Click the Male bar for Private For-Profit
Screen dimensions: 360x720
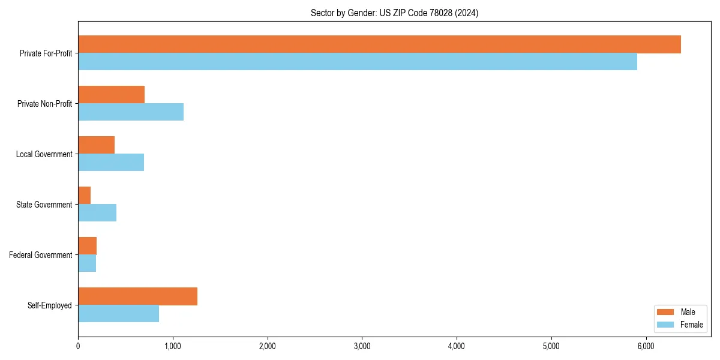coord(379,44)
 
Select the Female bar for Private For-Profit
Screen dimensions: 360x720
coord(358,62)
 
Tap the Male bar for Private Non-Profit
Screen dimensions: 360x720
coord(112,95)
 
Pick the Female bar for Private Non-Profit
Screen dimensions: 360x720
coord(131,112)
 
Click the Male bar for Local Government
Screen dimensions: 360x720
coord(97,145)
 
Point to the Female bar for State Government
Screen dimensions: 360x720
coord(97,213)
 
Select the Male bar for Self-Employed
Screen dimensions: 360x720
coord(138,296)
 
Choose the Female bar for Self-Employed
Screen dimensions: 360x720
coord(119,314)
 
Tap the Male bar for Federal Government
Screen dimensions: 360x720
coord(88,246)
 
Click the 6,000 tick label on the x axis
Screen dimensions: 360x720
coord(646,346)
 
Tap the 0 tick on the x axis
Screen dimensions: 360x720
coord(78,346)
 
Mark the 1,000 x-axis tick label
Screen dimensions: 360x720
coord(173,346)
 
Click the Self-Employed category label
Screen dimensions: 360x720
coord(50,305)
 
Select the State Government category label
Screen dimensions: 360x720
coord(44,205)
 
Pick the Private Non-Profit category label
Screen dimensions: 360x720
coord(45,104)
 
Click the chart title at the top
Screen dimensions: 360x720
coord(394,13)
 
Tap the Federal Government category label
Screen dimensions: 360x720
coord(41,255)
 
